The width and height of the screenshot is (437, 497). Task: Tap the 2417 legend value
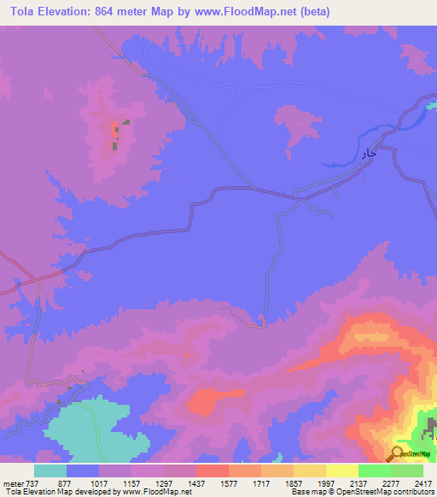(x=424, y=482)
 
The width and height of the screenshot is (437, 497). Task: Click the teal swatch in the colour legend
(x=50, y=471)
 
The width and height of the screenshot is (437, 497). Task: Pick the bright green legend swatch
(x=375, y=471)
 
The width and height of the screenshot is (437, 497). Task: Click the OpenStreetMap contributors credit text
(x=393, y=492)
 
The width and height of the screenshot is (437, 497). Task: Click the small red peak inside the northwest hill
(x=114, y=130)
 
